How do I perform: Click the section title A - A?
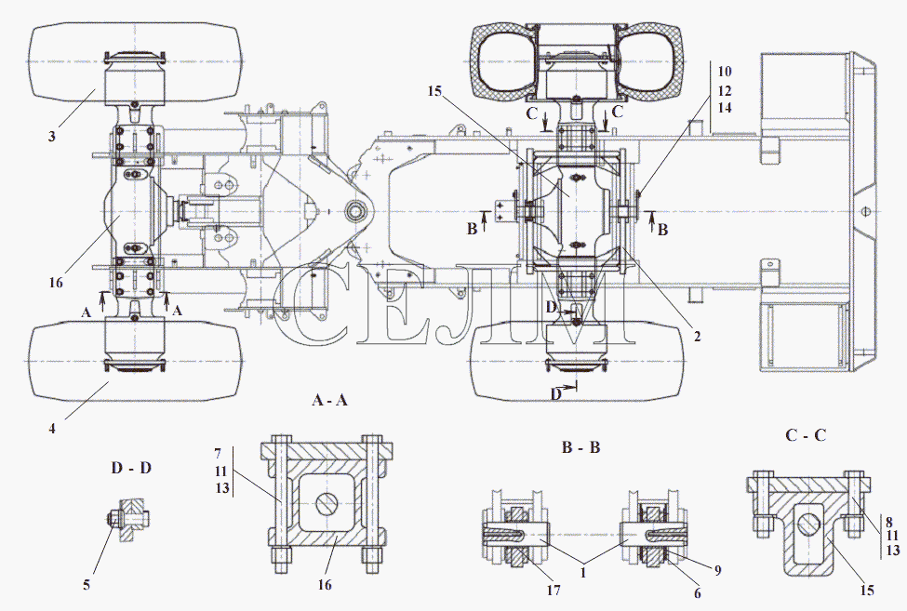point(329,400)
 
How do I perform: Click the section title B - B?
point(580,446)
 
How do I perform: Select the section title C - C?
point(806,435)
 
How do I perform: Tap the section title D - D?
point(131,468)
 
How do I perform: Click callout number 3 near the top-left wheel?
point(52,137)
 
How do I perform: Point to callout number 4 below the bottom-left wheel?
point(52,429)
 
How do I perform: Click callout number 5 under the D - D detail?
point(87,585)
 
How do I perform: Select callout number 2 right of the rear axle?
point(697,337)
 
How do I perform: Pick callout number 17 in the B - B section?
point(554,591)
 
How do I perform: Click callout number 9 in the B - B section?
point(717,570)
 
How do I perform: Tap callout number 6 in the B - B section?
point(697,593)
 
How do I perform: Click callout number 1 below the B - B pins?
point(583,573)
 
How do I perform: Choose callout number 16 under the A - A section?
point(325,585)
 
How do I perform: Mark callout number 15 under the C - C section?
point(866,591)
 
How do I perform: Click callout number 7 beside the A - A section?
point(218,453)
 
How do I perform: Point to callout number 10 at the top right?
point(725,72)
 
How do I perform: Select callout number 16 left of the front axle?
point(56,283)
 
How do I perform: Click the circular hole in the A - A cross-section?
point(327,503)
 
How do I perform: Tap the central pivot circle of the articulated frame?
point(354,211)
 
